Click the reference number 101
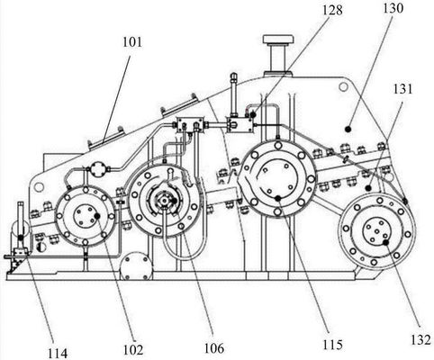click(132, 42)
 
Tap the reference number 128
click(332, 10)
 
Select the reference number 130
click(393, 8)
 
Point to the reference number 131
click(402, 89)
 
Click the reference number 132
click(421, 339)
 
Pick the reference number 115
click(332, 345)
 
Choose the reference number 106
click(214, 348)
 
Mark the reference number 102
click(133, 349)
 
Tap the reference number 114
click(58, 354)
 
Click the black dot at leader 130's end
click(348, 129)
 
